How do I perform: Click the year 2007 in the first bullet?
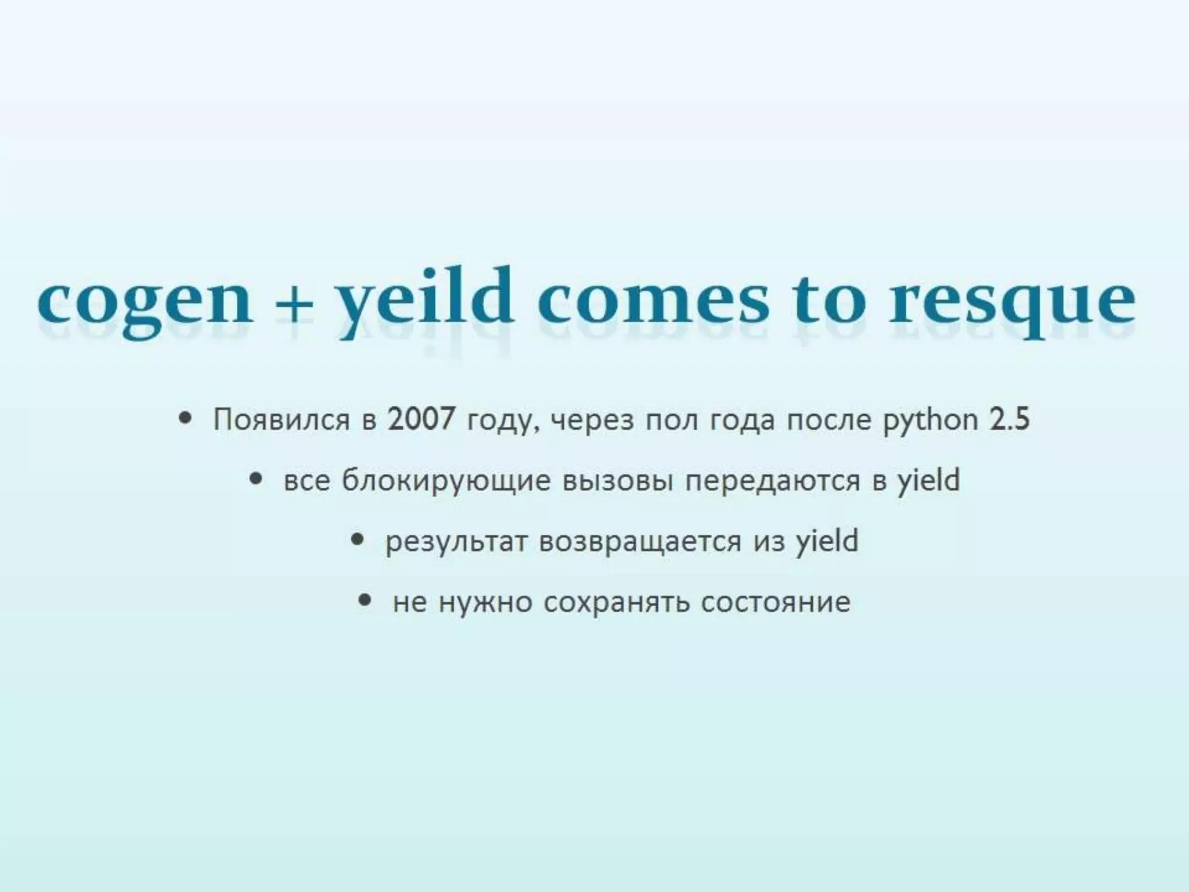[x=421, y=418]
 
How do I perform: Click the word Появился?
[x=282, y=419]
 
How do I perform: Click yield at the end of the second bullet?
[x=928, y=480]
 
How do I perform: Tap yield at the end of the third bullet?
[x=827, y=541]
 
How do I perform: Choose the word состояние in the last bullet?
[x=776, y=602]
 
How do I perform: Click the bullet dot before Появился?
[x=185, y=418]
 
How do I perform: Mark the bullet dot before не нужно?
[x=365, y=600]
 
